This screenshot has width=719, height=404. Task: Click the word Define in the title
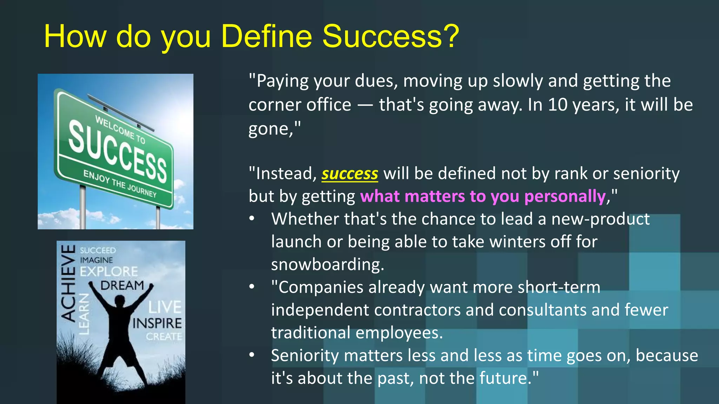(x=267, y=36)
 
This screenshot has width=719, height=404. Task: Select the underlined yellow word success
(x=350, y=174)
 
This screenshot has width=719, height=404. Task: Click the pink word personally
(x=565, y=196)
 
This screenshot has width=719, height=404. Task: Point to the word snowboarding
(x=327, y=264)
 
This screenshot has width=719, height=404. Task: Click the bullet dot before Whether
(x=252, y=219)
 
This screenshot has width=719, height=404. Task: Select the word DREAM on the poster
(x=122, y=285)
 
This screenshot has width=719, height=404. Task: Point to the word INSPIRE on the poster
(x=157, y=323)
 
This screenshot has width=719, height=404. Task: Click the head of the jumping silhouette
(x=120, y=302)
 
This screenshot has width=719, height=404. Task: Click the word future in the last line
(x=502, y=378)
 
